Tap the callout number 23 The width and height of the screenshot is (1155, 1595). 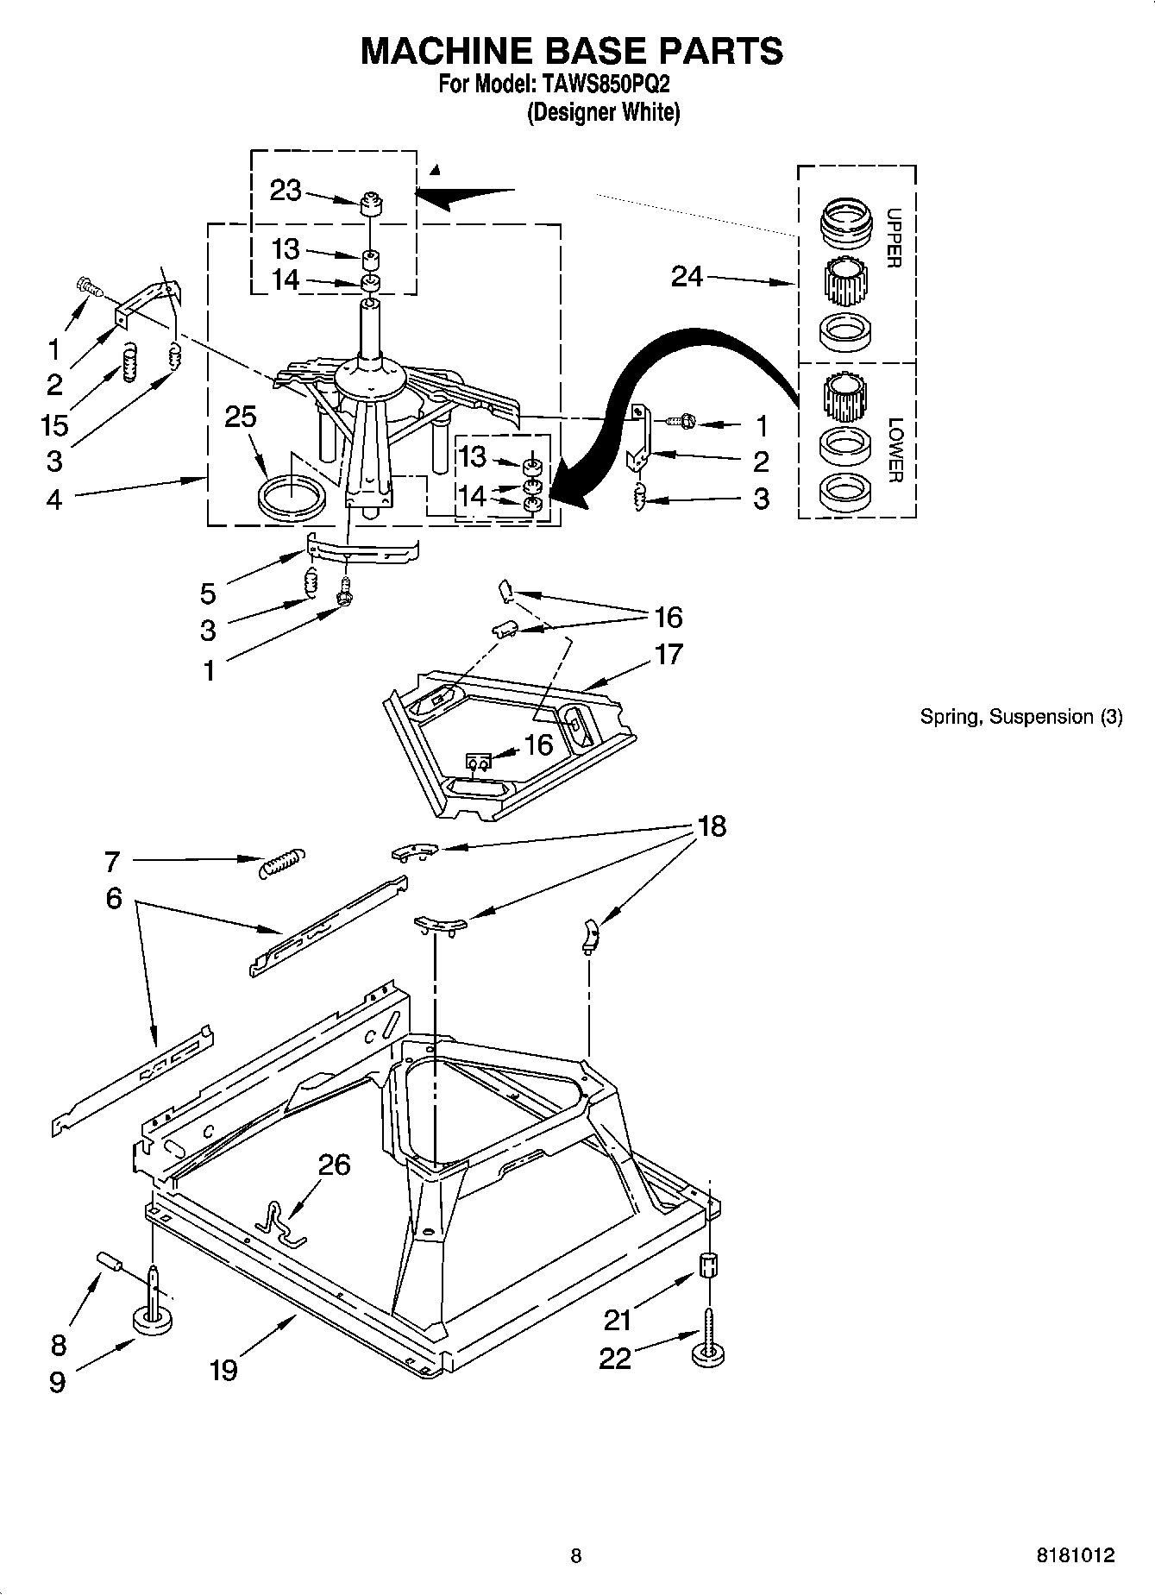286,190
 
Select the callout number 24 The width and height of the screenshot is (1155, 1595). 687,277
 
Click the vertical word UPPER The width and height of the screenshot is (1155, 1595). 894,238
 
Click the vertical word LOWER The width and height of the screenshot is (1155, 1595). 894,449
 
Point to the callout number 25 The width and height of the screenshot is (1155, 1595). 241,417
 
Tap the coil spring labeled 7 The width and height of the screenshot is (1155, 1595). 281,862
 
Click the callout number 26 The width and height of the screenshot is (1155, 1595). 335,1165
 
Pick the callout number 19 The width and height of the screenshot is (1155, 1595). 223,1369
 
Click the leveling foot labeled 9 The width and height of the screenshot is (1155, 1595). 154,1318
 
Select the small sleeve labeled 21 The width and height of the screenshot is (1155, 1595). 708,1267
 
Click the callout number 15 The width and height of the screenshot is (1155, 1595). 53,424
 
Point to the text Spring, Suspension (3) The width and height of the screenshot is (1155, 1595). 1021,716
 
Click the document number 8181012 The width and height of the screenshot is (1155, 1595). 1075,1555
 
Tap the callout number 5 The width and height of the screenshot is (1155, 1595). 208,593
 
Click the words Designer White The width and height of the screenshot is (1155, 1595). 603,112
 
